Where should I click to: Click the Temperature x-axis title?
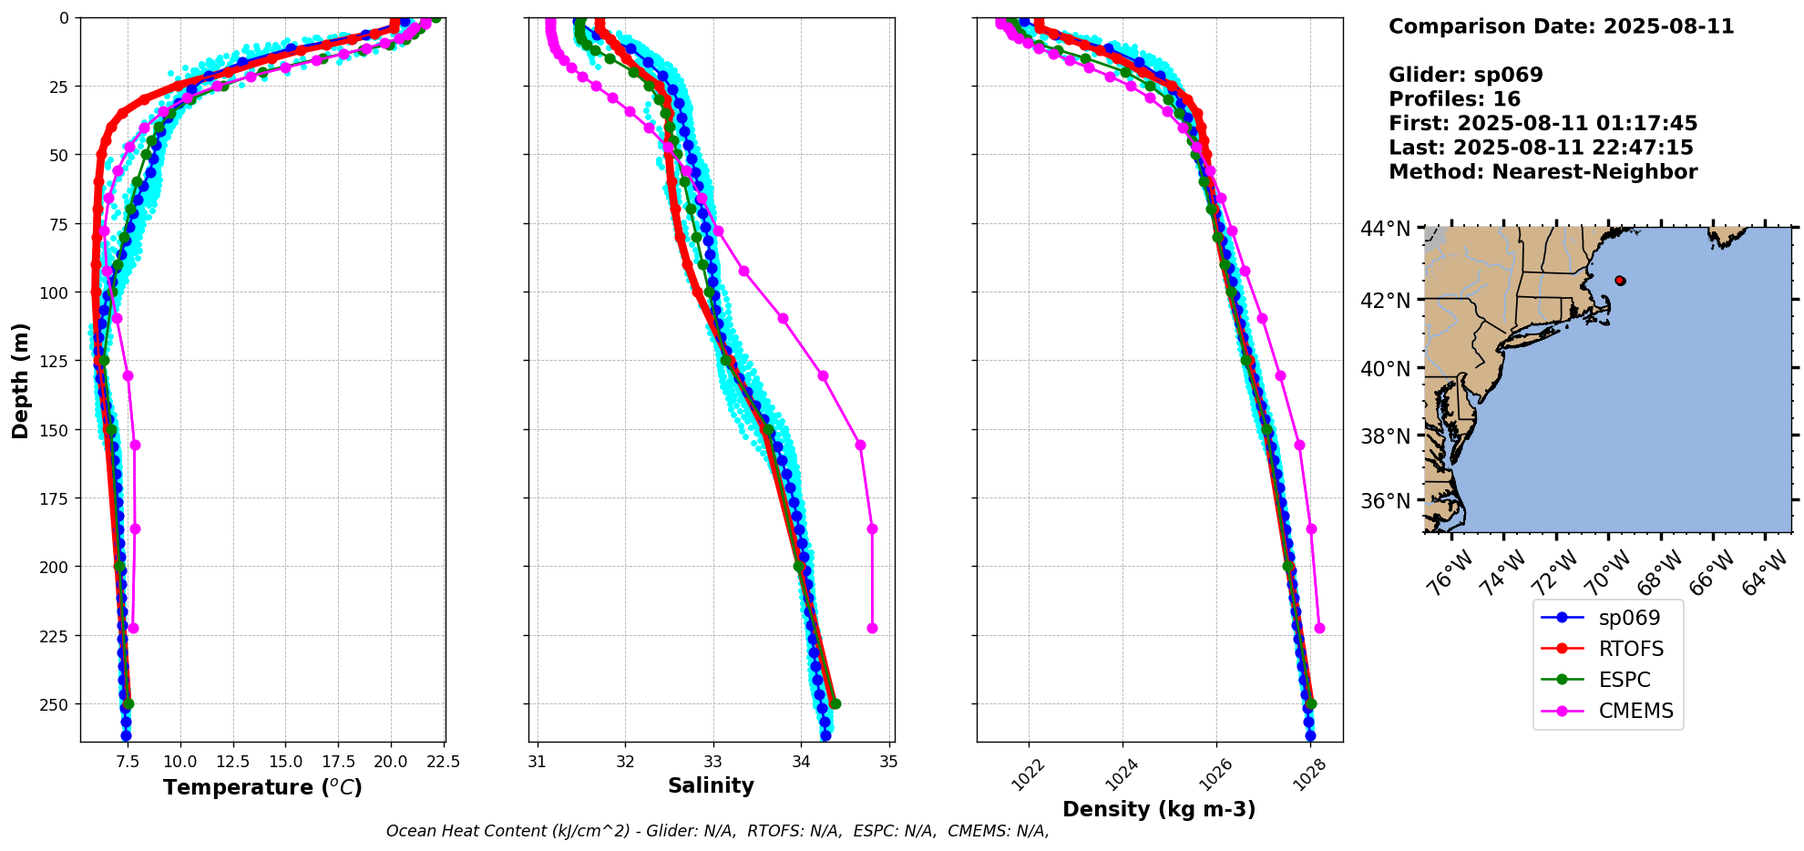tap(262, 787)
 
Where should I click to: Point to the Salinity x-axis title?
tap(711, 785)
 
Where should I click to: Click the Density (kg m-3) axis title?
tap(1159, 809)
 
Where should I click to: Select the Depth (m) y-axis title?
tap(20, 380)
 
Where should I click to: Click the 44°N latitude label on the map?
tap(1385, 228)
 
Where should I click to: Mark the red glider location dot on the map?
tap(1619, 281)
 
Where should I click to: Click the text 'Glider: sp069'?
tap(1465, 75)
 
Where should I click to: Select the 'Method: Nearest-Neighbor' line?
tap(1543, 172)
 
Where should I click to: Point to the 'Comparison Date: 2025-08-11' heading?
tap(1561, 26)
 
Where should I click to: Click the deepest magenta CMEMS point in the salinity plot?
tap(872, 628)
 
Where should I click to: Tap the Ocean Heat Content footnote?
tap(717, 831)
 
